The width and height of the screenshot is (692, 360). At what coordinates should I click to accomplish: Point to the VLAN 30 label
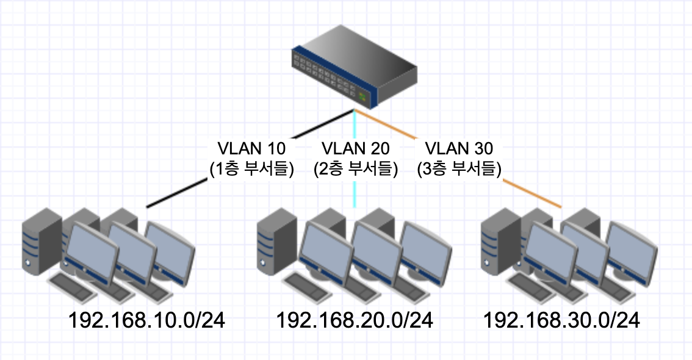tap(458, 149)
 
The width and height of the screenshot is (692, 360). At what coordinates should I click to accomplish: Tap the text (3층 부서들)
tap(458, 169)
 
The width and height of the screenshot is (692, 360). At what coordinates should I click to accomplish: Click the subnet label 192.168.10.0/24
tap(146, 320)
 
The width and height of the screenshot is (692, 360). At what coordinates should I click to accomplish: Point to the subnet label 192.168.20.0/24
tap(355, 320)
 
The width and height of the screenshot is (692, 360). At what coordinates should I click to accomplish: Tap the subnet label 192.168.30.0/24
tap(562, 320)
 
